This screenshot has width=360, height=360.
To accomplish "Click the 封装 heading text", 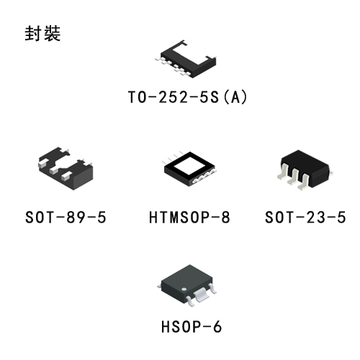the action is [42, 33].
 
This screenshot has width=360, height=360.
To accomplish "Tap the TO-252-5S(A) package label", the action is [187, 97].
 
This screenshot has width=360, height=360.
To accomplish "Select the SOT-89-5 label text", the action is [66, 217].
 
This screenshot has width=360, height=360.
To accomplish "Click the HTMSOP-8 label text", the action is [189, 217].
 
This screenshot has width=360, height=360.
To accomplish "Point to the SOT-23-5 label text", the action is [305, 217].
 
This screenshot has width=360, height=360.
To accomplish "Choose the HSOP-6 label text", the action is [192, 327].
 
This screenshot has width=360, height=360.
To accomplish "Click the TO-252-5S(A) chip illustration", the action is [186, 59].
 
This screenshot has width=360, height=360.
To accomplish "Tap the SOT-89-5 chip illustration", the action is [66, 168].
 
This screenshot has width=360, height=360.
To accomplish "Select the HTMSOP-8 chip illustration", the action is [189, 168].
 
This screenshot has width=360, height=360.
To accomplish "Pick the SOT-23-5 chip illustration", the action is [305, 170].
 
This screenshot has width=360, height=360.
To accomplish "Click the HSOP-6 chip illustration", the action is [187, 285].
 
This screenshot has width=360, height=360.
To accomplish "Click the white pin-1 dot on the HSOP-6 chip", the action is [184, 289].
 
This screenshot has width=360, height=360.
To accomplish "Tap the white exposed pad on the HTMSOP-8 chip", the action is [189, 166].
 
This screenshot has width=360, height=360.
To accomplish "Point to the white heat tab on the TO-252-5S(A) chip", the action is [195, 53].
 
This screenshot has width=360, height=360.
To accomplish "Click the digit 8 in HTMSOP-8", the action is [225, 217].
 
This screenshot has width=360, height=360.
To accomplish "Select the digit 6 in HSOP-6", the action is [217, 327].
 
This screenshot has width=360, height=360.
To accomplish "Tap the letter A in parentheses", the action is [235, 97].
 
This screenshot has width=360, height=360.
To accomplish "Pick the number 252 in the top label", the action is [173, 97].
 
